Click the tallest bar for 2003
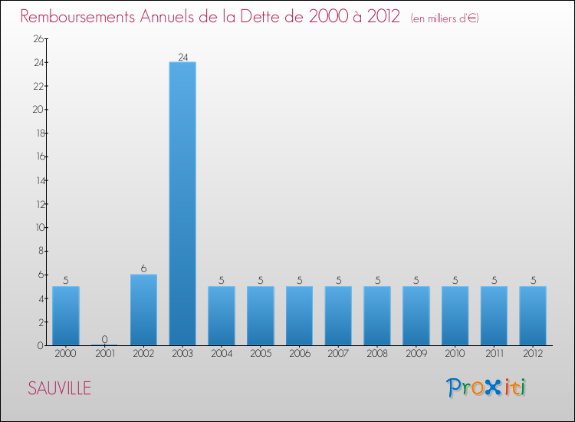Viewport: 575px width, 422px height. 182,203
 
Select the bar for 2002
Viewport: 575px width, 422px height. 143,310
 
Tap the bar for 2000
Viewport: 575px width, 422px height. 65,315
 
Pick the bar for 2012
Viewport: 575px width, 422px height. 533,315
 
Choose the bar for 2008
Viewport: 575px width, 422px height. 377,315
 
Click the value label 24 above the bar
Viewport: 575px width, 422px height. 182,57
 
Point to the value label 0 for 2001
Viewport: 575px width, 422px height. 104,340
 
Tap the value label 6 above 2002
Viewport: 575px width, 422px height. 143,269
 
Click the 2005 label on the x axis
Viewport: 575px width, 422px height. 260,354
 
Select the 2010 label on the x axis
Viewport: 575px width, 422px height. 455,354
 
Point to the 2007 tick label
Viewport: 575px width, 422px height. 338,354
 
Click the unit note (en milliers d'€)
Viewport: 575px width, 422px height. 445,18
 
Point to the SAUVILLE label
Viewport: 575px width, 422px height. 59,388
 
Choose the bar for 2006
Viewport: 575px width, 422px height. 299,315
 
